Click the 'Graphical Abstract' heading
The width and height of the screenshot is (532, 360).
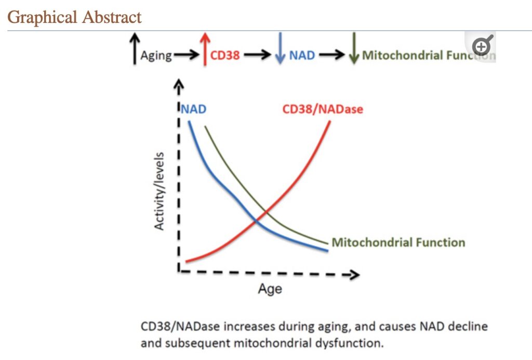75,17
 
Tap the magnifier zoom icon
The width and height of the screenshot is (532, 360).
482,47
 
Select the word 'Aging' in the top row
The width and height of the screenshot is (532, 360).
156,56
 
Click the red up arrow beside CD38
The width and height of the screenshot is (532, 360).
205,48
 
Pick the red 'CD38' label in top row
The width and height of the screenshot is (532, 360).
225,55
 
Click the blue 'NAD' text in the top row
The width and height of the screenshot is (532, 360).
302,55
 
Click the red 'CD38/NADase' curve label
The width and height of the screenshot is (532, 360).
322,110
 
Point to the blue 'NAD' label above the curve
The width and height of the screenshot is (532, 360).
193,110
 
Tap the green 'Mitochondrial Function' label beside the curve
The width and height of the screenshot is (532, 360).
398,242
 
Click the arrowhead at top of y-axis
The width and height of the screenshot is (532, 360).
179,84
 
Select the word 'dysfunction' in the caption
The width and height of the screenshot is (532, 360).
356,343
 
